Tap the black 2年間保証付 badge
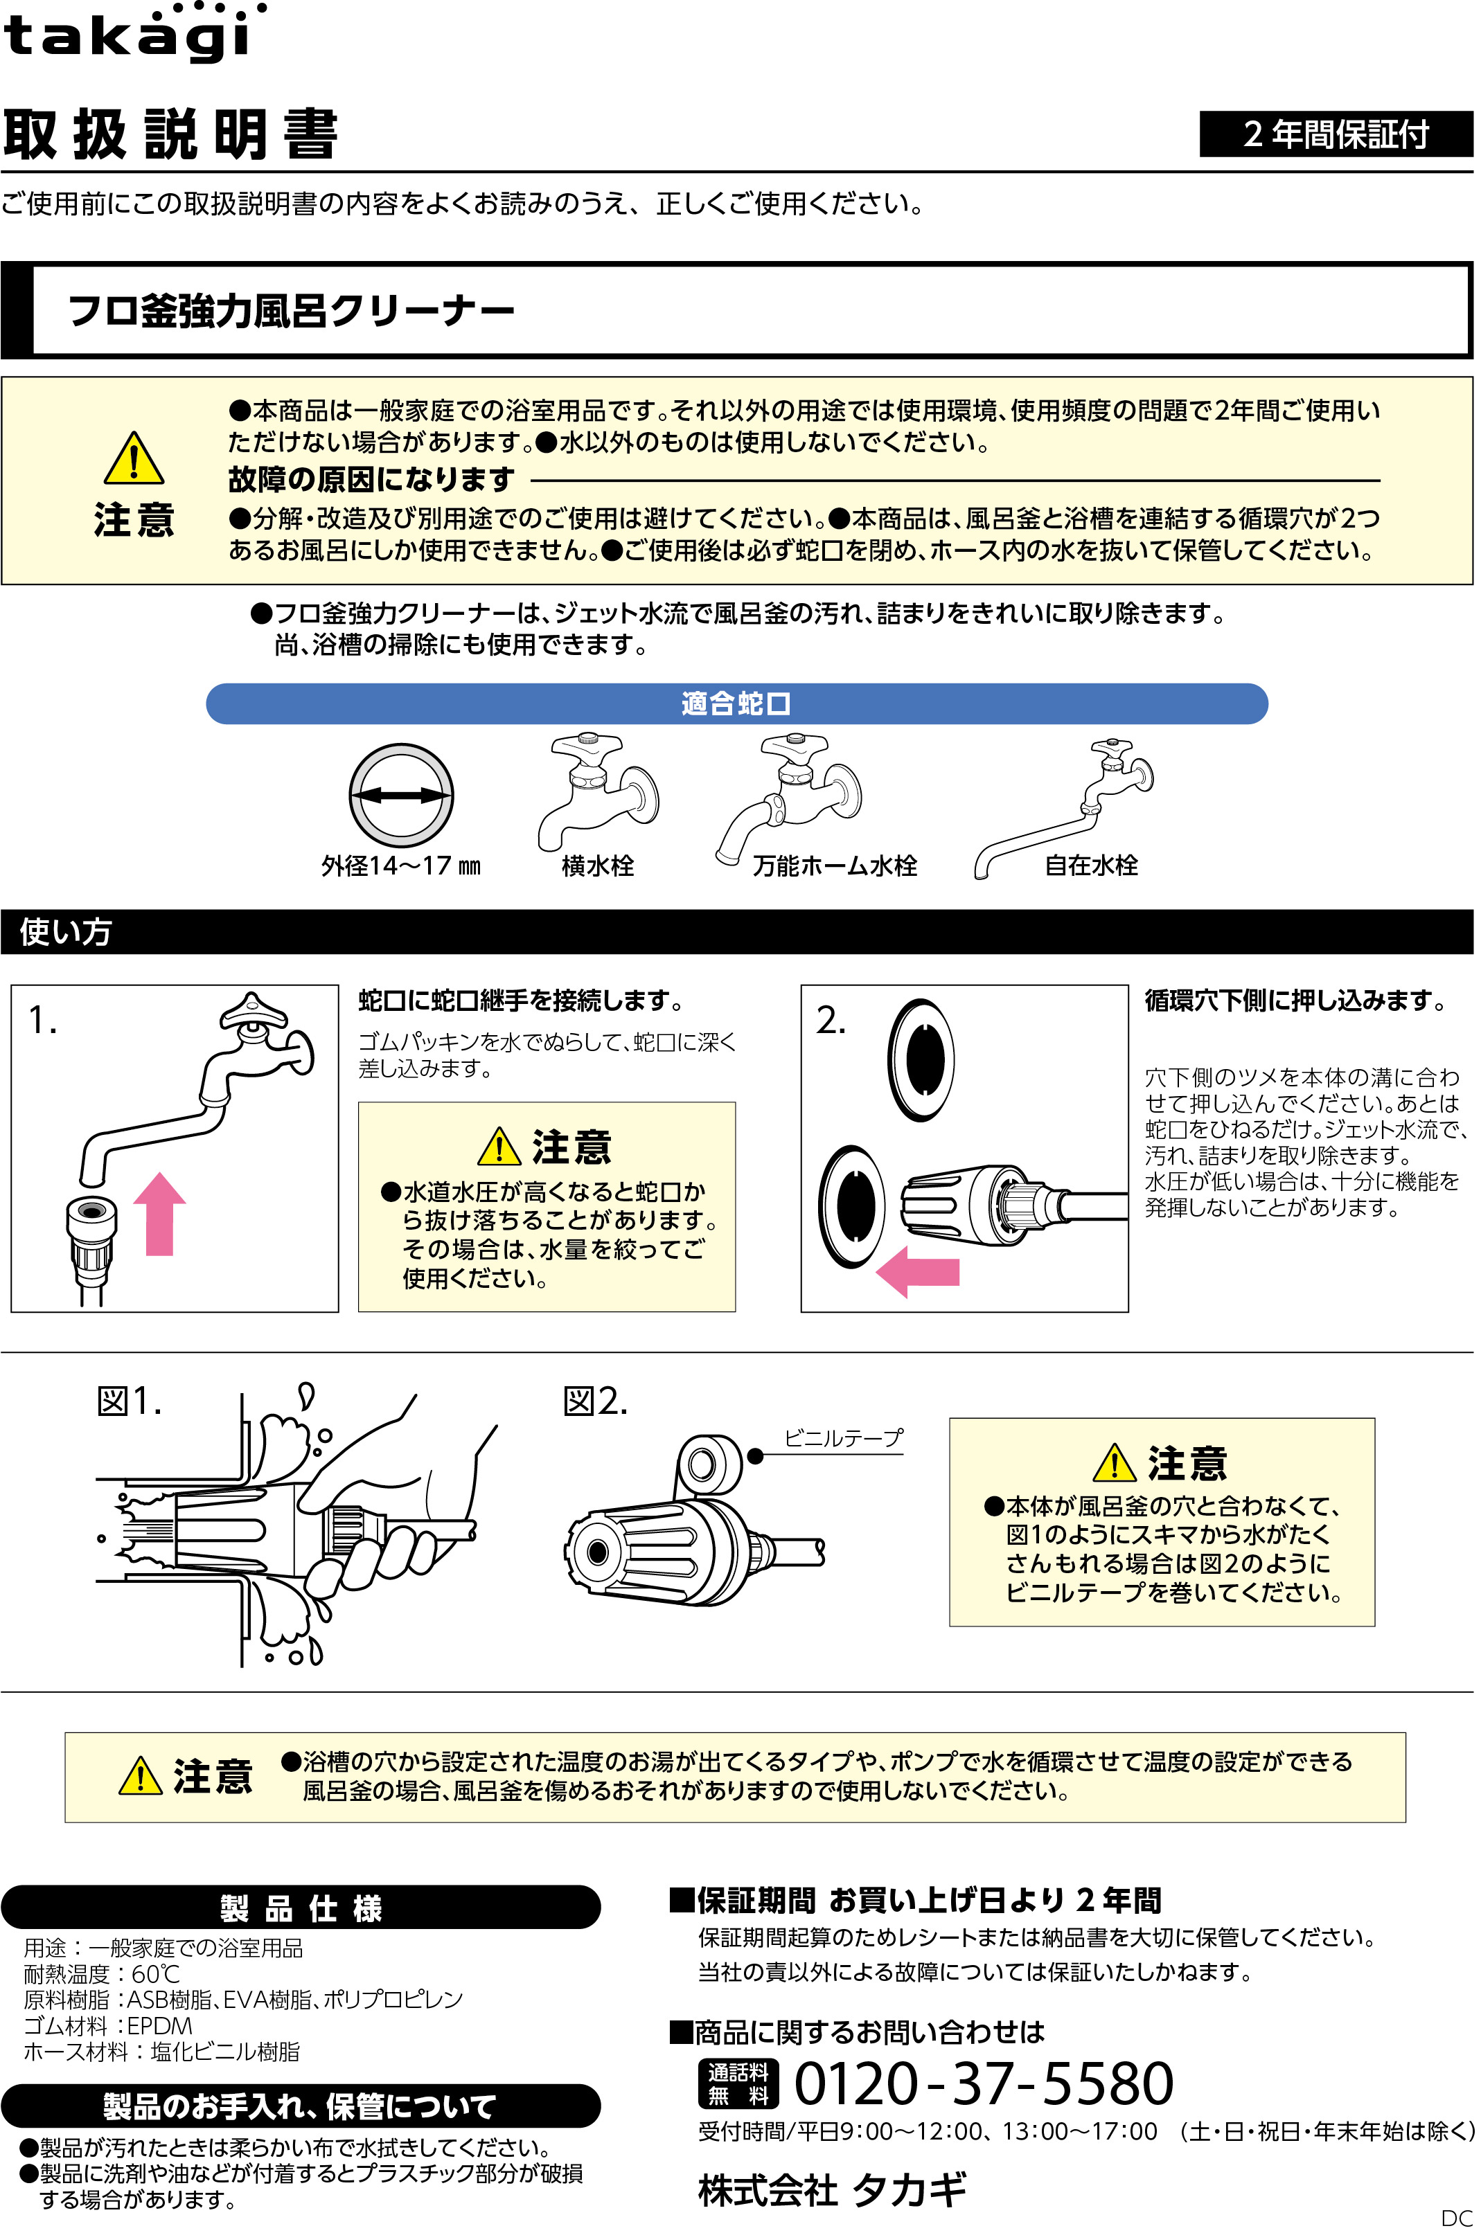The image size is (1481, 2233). (x=1335, y=134)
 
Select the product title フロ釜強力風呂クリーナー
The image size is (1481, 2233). (x=291, y=311)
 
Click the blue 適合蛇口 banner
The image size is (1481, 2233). (x=736, y=703)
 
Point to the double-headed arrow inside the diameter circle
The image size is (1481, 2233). (x=401, y=796)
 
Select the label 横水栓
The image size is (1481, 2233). (x=597, y=866)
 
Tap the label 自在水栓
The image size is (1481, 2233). (x=1091, y=866)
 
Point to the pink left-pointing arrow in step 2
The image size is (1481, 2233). (x=916, y=1271)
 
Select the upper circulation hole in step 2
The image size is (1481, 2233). (x=922, y=1059)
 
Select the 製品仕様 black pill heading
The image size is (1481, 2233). (x=301, y=1908)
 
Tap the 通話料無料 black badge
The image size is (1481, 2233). (x=738, y=2084)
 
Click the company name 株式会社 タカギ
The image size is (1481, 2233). (x=832, y=2189)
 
